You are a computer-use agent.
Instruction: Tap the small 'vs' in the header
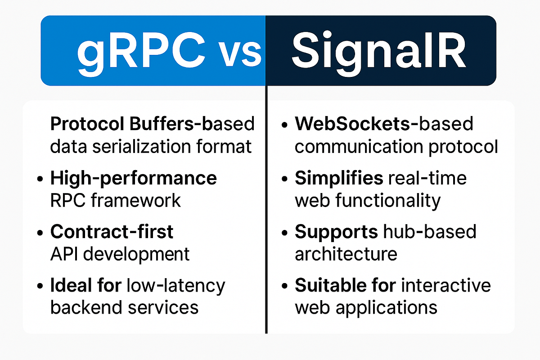[x=240, y=53]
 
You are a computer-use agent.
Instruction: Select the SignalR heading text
[x=378, y=50]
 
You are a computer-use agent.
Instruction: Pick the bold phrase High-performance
[x=133, y=179]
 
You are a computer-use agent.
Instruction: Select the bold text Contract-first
[x=112, y=232]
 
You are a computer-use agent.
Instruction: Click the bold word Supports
[x=336, y=232]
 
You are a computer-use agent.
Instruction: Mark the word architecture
[x=346, y=254]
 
